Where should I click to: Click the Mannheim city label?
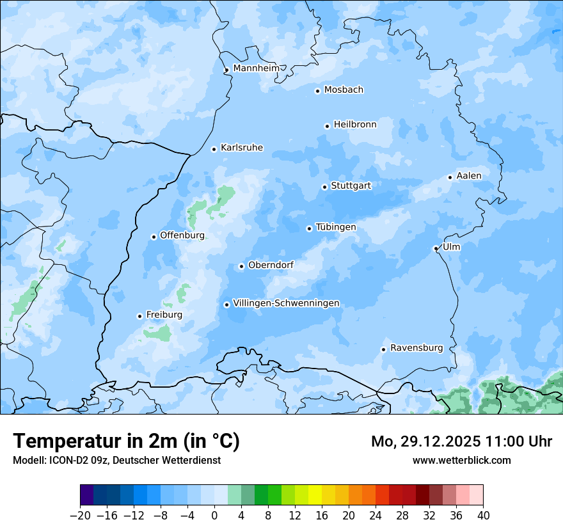pyautogui.click(x=256, y=68)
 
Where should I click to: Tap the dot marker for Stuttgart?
pyautogui.click(x=325, y=187)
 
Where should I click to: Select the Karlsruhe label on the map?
pyautogui.click(x=241, y=148)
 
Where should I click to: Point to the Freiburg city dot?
pyautogui.click(x=139, y=316)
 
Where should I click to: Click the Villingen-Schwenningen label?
pyautogui.click(x=286, y=303)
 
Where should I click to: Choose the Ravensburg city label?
pyautogui.click(x=416, y=348)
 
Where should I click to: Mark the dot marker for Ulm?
pyautogui.click(x=436, y=248)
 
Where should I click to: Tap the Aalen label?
pyautogui.click(x=469, y=176)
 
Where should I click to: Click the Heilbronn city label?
pyautogui.click(x=355, y=125)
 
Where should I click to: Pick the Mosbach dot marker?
pyautogui.click(x=317, y=91)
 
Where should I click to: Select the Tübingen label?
pyautogui.click(x=336, y=227)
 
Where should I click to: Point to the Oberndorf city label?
pyautogui.click(x=271, y=265)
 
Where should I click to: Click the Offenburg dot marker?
pyautogui.click(x=154, y=237)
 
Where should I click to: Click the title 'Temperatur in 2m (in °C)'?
pyautogui.click(x=126, y=441)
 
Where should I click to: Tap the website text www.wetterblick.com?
pyautogui.click(x=461, y=461)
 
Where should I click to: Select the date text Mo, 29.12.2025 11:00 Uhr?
pyautogui.click(x=461, y=441)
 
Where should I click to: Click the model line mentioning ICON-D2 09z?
pyautogui.click(x=116, y=461)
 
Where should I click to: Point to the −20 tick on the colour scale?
pyautogui.click(x=81, y=516)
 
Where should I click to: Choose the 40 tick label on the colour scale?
pyautogui.click(x=483, y=516)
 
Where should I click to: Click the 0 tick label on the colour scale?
pyautogui.click(x=214, y=516)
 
